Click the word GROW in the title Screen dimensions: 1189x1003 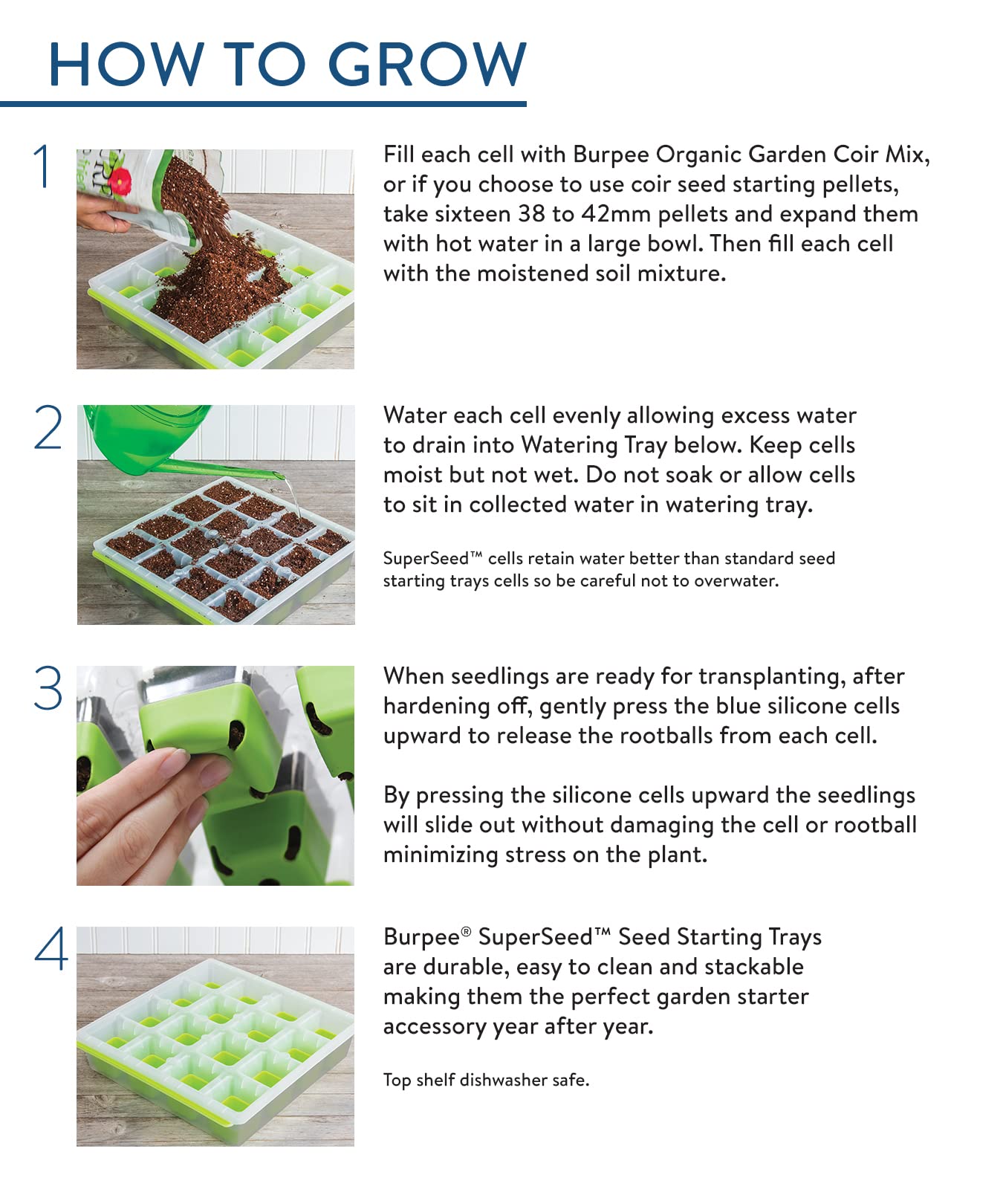coord(426,64)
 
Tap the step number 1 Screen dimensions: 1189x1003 coord(43,166)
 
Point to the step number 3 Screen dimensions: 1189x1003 coord(48,689)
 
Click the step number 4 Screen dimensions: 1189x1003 coord(51,949)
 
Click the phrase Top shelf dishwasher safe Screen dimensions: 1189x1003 coord(486,1080)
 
